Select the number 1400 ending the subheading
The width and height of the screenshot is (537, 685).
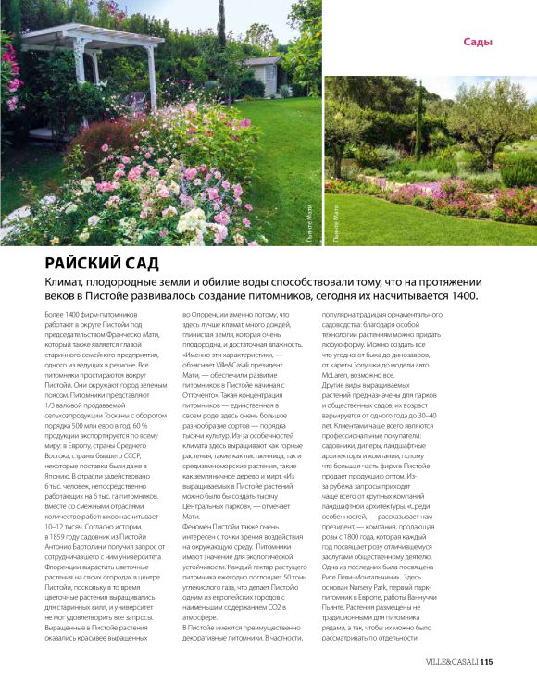(x=460, y=295)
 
